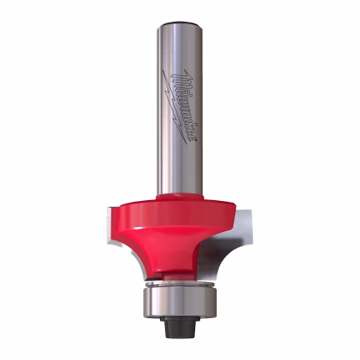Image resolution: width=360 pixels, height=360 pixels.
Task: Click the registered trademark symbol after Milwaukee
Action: tap(192, 144)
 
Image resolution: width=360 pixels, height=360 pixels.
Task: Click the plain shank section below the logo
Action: tap(180, 172)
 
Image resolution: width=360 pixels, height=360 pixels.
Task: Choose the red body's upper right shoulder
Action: tap(222, 203)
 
